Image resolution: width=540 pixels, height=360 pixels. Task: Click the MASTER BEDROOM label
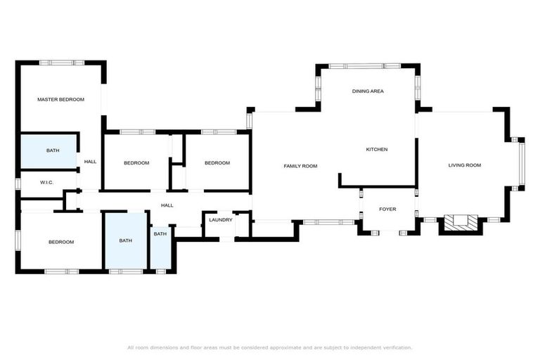pyautogui.click(x=60, y=100)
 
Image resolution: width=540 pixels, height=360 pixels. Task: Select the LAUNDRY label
pyautogui.click(x=220, y=220)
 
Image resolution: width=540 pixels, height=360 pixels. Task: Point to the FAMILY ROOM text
pyautogui.click(x=300, y=166)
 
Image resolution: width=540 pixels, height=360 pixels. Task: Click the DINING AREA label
pyautogui.click(x=368, y=91)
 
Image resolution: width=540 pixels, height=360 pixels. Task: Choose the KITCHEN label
pyautogui.click(x=376, y=149)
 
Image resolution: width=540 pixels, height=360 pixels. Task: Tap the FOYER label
pyautogui.click(x=387, y=210)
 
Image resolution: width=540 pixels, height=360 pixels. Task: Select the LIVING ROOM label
pyautogui.click(x=464, y=166)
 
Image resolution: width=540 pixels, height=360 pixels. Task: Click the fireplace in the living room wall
pyautogui.click(x=461, y=223)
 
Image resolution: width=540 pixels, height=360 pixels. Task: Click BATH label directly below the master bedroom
pyautogui.click(x=53, y=151)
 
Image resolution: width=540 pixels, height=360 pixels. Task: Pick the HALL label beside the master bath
pyautogui.click(x=90, y=162)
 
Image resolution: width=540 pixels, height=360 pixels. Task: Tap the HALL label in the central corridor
pyautogui.click(x=167, y=205)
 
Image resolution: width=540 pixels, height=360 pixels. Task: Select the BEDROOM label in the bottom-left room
pyautogui.click(x=60, y=243)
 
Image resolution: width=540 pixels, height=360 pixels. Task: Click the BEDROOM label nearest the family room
pyautogui.click(x=217, y=163)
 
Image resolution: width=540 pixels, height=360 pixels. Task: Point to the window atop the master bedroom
pyautogui.click(x=62, y=63)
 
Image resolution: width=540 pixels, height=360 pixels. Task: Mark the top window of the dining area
pyautogui.click(x=372, y=66)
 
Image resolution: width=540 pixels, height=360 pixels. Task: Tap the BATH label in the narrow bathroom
pyautogui.click(x=160, y=234)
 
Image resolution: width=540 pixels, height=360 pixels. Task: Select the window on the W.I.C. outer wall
pyautogui.click(x=18, y=184)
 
